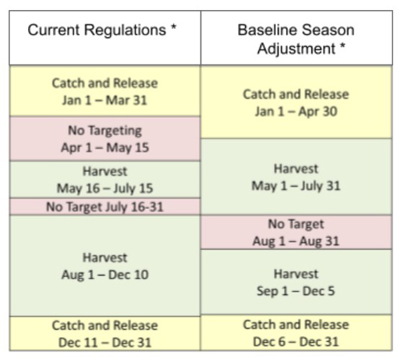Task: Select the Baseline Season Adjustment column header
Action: point(296,39)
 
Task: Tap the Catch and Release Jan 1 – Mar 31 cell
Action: point(105,92)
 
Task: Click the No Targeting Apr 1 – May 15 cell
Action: point(105,139)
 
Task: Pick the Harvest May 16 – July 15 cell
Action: point(105,179)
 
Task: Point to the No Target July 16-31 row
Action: point(105,207)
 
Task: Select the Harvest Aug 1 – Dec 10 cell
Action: point(105,266)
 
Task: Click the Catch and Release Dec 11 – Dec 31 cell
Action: point(105,333)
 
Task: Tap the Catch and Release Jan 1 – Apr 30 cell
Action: point(296,102)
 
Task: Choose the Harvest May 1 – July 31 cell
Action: point(296,177)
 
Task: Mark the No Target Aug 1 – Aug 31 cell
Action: point(296,232)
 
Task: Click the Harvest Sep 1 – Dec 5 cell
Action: point(296,282)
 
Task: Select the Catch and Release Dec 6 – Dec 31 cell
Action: point(296,333)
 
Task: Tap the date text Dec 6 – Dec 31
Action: point(296,341)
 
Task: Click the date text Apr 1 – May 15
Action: point(105,147)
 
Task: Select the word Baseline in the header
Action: point(263,31)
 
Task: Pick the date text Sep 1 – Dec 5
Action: point(296,291)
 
